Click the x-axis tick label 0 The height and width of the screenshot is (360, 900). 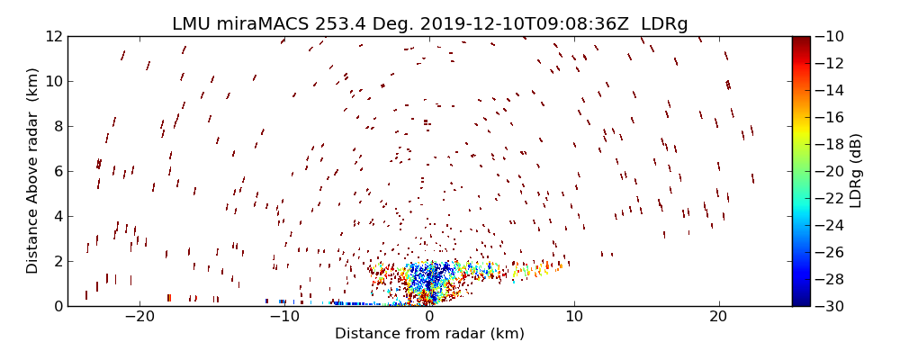click(429, 317)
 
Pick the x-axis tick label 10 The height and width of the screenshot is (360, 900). click(574, 317)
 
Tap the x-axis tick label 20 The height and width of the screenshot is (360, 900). click(718, 317)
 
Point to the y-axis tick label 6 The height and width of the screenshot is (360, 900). click(57, 171)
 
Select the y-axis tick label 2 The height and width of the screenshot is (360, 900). click(57, 261)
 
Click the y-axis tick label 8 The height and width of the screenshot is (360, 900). click(57, 126)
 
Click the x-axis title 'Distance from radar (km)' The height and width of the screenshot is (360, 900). click(429, 334)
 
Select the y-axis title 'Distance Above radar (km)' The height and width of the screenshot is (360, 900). click(32, 171)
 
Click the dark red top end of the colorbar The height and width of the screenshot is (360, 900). click(800, 40)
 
